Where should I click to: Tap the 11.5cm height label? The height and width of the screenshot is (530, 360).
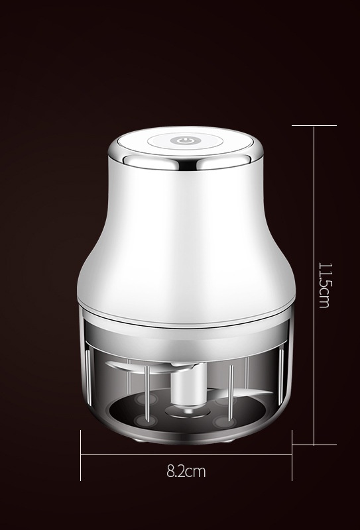[325, 286]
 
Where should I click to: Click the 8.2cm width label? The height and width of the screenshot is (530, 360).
[186, 471]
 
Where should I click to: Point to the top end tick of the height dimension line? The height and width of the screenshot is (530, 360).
[314, 126]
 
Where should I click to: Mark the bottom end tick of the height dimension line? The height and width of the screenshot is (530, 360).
[314, 445]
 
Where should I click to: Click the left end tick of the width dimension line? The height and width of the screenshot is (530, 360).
[80, 455]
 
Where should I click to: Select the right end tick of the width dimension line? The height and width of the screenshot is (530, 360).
[292, 455]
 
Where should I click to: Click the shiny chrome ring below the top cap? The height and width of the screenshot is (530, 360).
[186, 162]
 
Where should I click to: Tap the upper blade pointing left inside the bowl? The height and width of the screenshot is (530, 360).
[139, 367]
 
